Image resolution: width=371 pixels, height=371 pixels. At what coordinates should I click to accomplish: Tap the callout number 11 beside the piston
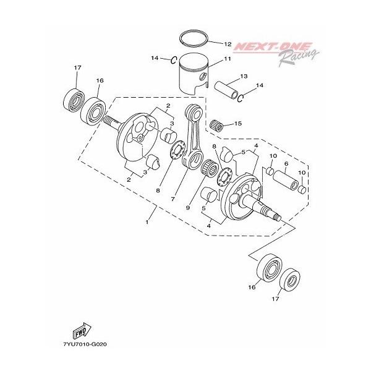[228, 59]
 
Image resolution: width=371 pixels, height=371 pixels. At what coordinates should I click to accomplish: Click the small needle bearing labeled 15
[216, 125]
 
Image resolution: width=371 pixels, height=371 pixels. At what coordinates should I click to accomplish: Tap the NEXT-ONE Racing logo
[276, 53]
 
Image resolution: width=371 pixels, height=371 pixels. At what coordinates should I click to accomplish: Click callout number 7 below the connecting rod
[173, 199]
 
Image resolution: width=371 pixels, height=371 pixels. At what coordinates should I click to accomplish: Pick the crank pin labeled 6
[286, 179]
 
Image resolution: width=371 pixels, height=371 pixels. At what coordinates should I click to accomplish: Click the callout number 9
[187, 208]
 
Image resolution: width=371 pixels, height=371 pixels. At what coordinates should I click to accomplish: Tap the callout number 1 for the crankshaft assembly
[147, 222]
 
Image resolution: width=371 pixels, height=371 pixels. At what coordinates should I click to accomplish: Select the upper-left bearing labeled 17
[74, 99]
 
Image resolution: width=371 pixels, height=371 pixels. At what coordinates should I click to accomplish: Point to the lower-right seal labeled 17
[290, 280]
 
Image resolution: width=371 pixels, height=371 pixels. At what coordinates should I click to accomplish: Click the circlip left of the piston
[174, 61]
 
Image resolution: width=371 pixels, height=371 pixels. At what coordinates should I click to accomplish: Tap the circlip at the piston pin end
[241, 98]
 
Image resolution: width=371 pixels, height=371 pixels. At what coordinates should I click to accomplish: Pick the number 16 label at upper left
[100, 80]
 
